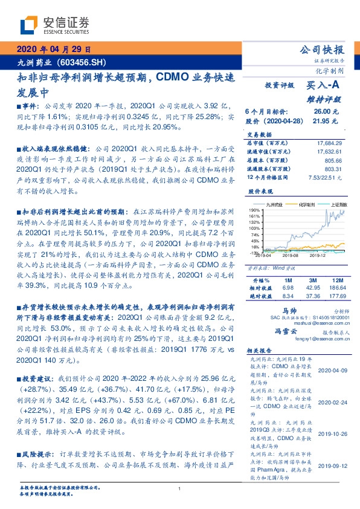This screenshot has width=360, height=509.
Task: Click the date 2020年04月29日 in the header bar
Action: coord(54,49)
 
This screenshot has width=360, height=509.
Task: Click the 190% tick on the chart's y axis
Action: coord(253,209)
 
